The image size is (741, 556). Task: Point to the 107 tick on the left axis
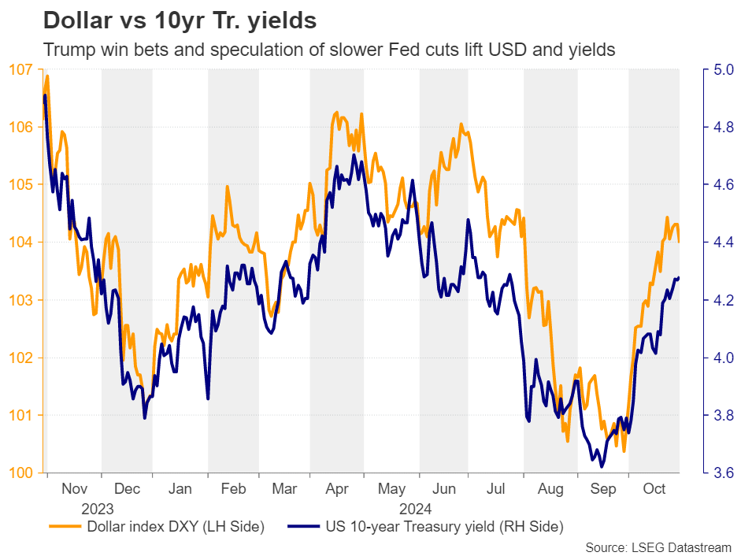coord(24,69)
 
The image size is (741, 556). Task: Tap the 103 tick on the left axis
coord(24,300)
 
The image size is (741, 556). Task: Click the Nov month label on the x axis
coord(74,489)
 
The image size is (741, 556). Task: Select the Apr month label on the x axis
coord(337,489)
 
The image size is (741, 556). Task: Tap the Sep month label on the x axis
coord(602,489)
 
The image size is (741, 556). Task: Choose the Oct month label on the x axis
coord(654,489)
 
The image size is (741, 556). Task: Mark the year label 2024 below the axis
coord(417,508)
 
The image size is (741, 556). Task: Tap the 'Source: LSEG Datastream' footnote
coord(658,547)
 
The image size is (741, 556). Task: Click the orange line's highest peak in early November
coord(47,76)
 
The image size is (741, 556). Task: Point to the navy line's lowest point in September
coord(602,467)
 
